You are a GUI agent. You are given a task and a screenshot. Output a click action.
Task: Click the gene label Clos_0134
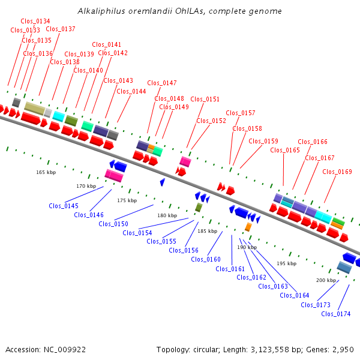(35, 21)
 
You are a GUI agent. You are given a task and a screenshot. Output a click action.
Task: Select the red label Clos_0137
(61, 29)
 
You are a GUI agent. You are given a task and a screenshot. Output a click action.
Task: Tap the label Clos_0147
(162, 83)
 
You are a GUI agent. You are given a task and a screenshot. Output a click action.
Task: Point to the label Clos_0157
(241, 113)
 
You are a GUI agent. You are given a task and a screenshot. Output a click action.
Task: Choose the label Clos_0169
(337, 172)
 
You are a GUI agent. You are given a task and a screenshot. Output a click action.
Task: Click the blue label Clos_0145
(64, 206)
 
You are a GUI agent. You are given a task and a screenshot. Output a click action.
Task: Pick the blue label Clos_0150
(113, 224)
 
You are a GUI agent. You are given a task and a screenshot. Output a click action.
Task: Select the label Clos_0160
(206, 259)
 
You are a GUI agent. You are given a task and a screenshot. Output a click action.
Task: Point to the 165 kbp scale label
(46, 172)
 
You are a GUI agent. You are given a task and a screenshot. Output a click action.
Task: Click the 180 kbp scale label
(167, 215)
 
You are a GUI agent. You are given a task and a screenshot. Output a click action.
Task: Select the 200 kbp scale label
(326, 280)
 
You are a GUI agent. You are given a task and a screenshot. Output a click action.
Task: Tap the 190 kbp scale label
(247, 247)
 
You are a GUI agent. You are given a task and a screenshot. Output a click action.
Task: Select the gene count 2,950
(342, 349)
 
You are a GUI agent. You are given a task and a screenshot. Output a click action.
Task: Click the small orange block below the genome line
(248, 227)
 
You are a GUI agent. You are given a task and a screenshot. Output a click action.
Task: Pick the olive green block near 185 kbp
(199, 207)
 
